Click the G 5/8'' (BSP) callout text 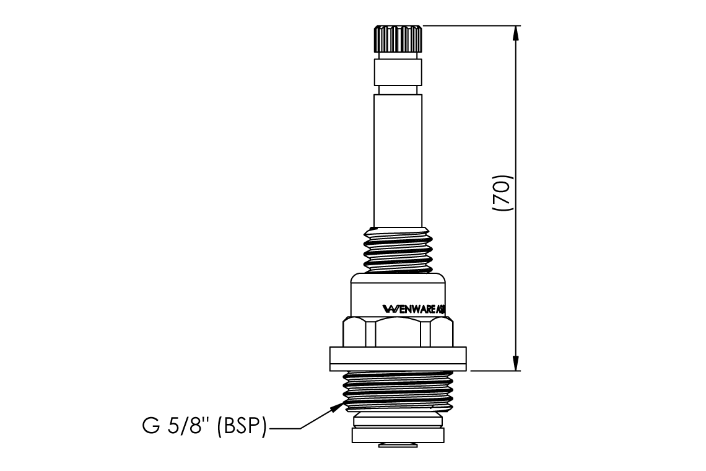click(x=202, y=428)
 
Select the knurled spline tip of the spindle click(x=398, y=40)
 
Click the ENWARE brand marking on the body click(x=412, y=308)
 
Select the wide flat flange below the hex click(x=398, y=358)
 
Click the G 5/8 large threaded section click(x=398, y=390)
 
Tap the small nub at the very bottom click(x=398, y=445)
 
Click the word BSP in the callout click(x=242, y=428)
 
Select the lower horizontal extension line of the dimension click(x=495, y=371)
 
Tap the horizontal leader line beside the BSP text click(x=284, y=428)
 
